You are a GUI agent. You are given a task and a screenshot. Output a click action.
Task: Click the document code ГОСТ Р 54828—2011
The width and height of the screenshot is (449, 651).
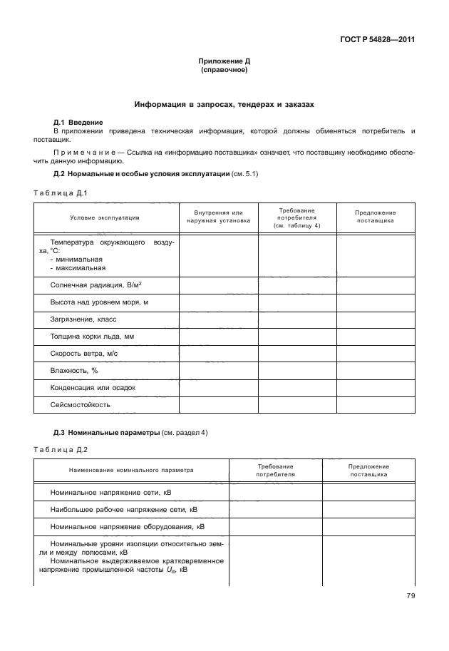coord(381,40)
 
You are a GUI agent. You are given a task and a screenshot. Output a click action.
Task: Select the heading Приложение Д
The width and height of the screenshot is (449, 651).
coord(224,63)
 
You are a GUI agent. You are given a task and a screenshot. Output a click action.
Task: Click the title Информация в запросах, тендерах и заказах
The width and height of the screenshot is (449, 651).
coord(224,105)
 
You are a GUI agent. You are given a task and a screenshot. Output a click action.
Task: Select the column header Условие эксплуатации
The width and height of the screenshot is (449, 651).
coord(105,217)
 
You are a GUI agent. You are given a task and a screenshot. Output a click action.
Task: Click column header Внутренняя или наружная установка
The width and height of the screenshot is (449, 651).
coord(218,217)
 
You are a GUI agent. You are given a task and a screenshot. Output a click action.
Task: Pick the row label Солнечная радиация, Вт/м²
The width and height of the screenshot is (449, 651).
coord(100,285)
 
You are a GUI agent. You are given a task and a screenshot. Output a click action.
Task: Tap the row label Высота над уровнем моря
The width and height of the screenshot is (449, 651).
coord(99,302)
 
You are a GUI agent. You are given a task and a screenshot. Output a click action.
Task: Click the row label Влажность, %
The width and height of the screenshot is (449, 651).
coord(74,370)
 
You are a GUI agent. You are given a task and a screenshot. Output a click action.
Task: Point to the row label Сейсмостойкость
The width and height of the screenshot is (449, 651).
coord(80,404)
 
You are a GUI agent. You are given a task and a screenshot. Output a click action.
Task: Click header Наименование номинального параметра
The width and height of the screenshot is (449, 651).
coord(130,470)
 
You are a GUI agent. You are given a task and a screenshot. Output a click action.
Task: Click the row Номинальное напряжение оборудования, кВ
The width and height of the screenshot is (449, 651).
coord(127,527)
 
